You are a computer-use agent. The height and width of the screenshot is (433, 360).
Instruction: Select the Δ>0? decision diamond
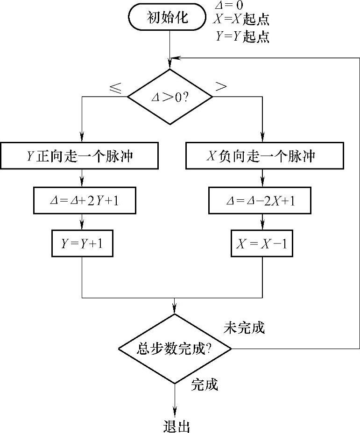pyautogui.click(x=170, y=97)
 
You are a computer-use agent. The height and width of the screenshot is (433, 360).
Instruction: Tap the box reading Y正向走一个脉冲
pyautogui.click(x=82, y=156)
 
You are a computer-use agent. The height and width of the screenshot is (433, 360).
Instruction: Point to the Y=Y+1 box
pyautogui.click(x=82, y=243)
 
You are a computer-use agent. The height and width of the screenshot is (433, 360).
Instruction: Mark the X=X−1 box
pyautogui.click(x=262, y=243)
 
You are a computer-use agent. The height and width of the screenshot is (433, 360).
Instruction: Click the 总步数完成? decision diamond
pyautogui.click(x=175, y=349)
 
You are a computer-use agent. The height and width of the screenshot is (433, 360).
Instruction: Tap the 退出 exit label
pyautogui.click(x=176, y=426)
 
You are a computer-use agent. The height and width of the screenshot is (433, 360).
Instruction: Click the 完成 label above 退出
pyautogui.click(x=205, y=385)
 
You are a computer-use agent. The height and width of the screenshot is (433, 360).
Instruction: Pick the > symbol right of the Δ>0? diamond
pyautogui.click(x=221, y=86)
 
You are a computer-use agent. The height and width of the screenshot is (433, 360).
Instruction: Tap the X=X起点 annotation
pyautogui.click(x=241, y=21)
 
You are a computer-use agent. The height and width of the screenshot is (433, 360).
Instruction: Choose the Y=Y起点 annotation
pyautogui.click(x=243, y=36)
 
